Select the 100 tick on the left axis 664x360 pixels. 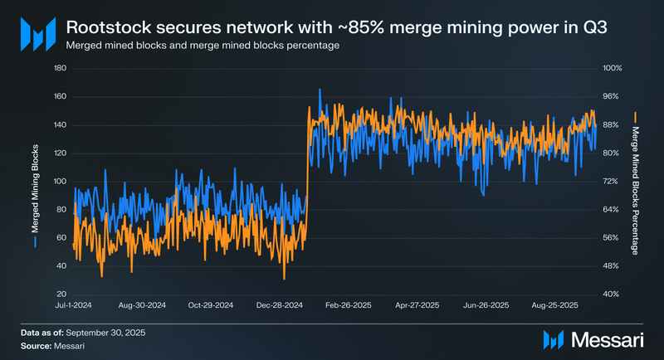coord(60,181)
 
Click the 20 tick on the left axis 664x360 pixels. coord(61,294)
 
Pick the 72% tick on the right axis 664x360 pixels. coord(609,181)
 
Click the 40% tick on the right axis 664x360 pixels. coord(609,294)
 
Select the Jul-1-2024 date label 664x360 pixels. coord(72,306)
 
